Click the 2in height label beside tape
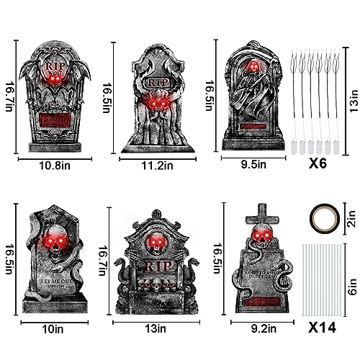pyautogui.click(x=351, y=213)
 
